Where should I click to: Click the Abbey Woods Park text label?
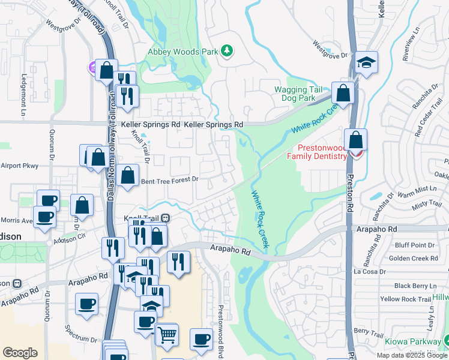pyautogui.click(x=183, y=52)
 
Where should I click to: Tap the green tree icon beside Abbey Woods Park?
pyautogui.click(x=227, y=51)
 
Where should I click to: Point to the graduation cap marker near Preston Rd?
pyautogui.click(x=366, y=63)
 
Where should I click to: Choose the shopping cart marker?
pyautogui.click(x=167, y=334)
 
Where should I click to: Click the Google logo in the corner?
pyautogui.click(x=20, y=353)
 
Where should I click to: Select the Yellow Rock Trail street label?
pyautogui.click(x=406, y=299)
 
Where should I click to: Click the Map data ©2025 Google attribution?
pyautogui.click(x=412, y=355)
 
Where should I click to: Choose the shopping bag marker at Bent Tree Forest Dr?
pyautogui.click(x=128, y=176)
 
